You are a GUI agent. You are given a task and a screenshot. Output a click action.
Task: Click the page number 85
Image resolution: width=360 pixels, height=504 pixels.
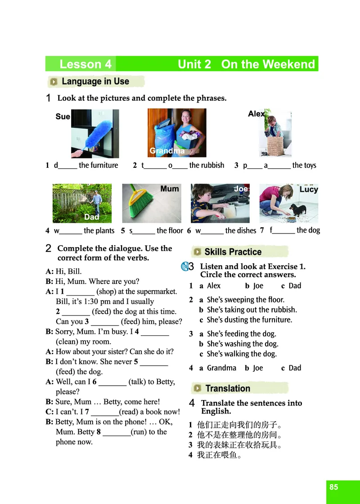pos(333,486)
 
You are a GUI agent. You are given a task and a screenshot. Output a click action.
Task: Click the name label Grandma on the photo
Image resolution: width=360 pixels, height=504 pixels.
pos(167,150)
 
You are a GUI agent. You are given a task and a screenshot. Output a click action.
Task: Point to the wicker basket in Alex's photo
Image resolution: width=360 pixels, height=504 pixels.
pos(275,146)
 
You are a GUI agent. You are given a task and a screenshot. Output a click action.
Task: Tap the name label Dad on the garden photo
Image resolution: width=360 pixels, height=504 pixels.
pos(91,217)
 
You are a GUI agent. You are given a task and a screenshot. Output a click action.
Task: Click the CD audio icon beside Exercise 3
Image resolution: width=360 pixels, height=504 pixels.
pos(185,266)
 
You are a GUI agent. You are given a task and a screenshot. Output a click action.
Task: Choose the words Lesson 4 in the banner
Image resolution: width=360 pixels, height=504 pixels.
pos(85,64)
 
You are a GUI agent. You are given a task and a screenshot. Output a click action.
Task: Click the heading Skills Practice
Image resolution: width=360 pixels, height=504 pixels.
pos(233,252)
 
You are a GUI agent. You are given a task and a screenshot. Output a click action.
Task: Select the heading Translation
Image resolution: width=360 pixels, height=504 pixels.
pos(228,388)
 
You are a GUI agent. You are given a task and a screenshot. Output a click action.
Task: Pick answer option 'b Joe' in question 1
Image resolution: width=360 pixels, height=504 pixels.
pos(254,286)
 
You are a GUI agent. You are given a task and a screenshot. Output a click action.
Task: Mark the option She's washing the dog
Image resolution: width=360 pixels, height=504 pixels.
pos(239,344)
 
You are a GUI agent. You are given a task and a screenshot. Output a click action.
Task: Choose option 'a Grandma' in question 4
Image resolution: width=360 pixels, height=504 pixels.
pos(218,368)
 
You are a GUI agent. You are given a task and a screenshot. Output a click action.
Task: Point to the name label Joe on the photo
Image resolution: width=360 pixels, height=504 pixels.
pos(241,189)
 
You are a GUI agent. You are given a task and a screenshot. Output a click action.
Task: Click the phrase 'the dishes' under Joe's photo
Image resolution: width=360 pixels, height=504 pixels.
pos(241,230)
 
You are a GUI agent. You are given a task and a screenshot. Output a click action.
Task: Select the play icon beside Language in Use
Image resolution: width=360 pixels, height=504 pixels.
pos(54,81)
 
